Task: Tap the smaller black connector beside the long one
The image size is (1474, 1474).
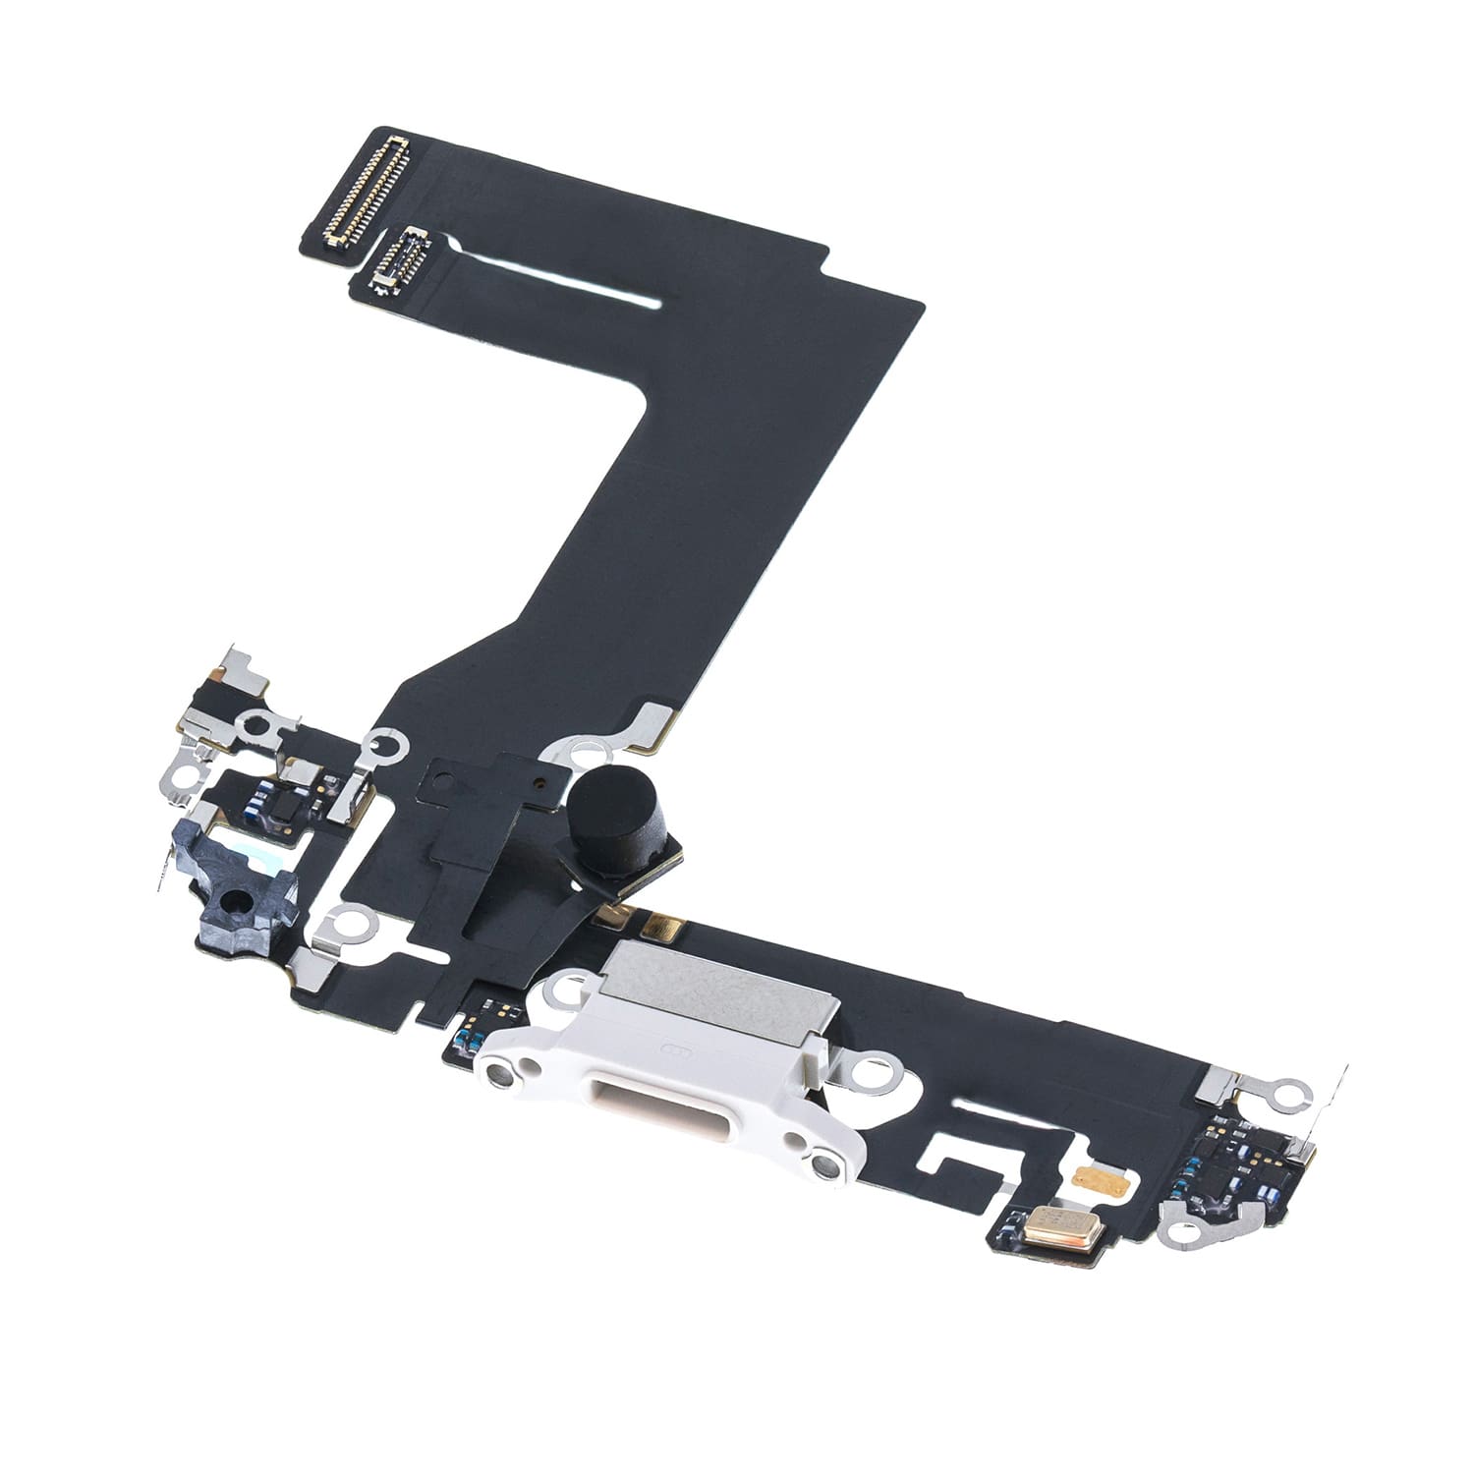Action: (x=398, y=257)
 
